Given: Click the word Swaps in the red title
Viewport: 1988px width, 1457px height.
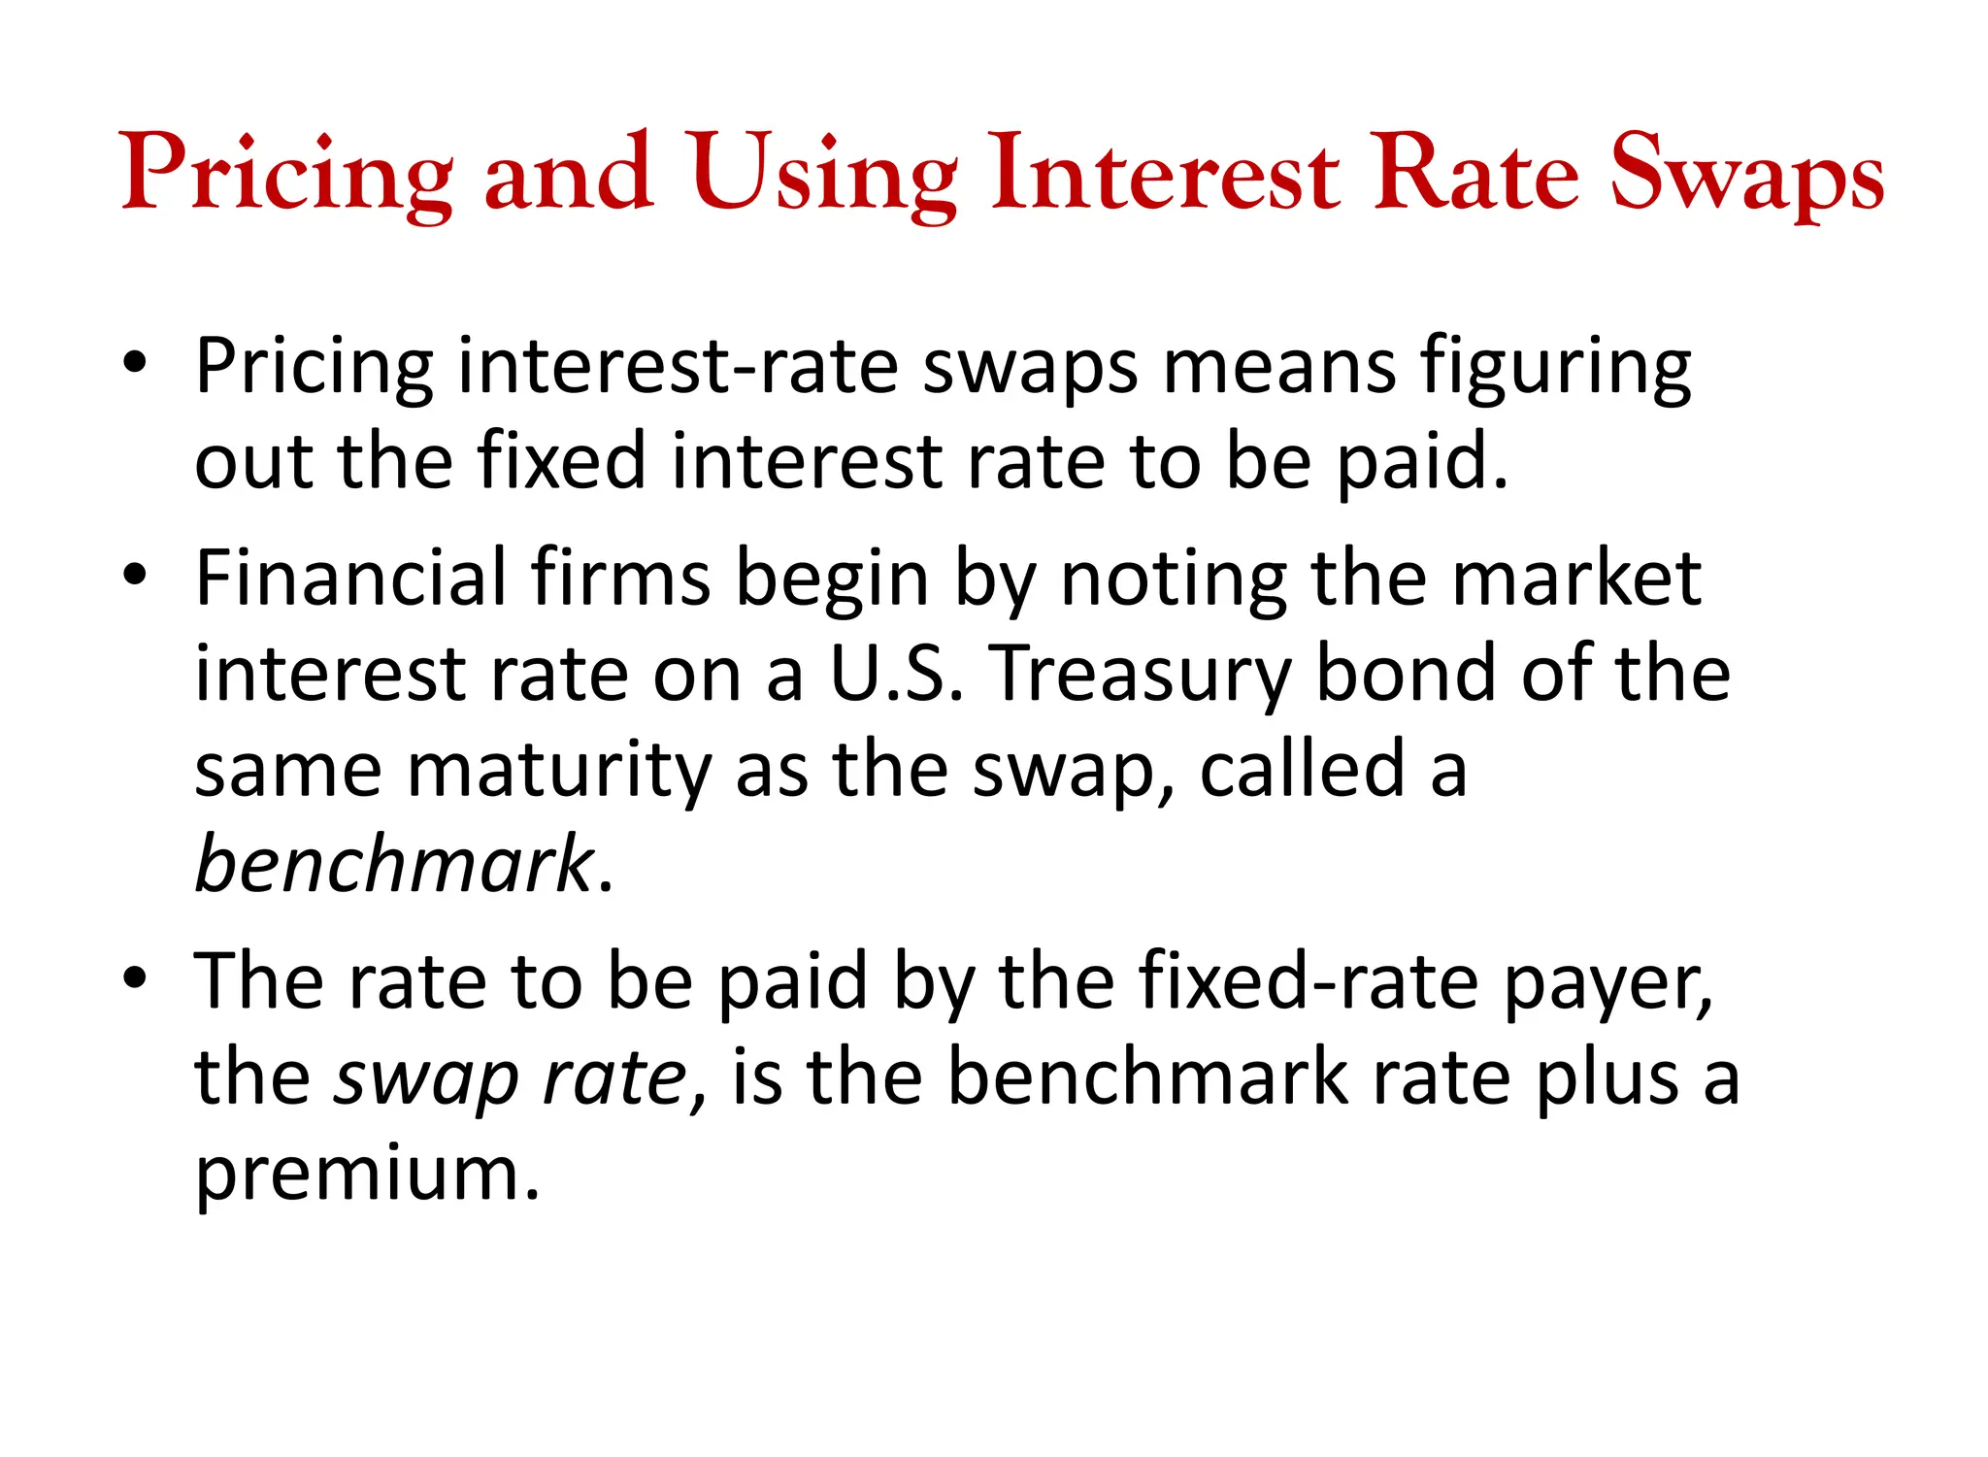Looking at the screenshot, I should click(x=1746, y=175).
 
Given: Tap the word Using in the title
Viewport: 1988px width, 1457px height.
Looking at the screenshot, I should click(x=824, y=175).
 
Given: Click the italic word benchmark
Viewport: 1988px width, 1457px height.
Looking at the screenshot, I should click(x=394, y=863).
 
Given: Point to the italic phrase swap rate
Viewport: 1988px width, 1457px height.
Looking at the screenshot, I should click(x=511, y=1077).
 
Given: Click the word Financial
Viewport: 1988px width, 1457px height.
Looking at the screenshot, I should click(x=351, y=578).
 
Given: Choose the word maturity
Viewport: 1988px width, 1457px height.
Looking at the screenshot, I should click(x=559, y=769).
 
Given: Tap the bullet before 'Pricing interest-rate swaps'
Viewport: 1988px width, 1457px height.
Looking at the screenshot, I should click(x=135, y=363).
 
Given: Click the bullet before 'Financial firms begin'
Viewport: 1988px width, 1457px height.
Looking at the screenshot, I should click(x=135, y=574).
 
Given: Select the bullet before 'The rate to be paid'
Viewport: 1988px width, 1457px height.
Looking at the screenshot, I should click(x=135, y=977).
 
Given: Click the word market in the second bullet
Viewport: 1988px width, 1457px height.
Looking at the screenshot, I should click(x=1576, y=578).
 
